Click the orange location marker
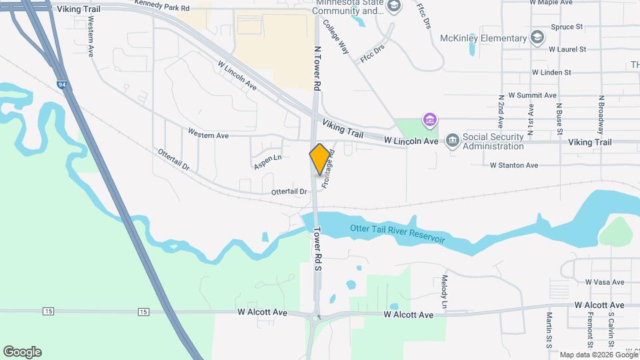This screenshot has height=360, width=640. click(320, 159)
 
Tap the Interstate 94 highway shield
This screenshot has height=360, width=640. click(61, 85)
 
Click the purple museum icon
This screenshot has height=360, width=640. click(430, 121)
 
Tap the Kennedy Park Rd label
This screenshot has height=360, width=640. click(161, 5)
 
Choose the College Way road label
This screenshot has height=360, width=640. click(336, 36)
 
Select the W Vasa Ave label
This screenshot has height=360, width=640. click(604, 282)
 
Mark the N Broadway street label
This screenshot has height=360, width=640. click(601, 113)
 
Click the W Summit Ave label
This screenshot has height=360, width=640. click(532, 95)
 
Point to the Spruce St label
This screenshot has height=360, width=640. click(567, 27)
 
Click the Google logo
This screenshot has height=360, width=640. click(22, 352)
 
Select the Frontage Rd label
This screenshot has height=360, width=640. click(329, 171)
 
